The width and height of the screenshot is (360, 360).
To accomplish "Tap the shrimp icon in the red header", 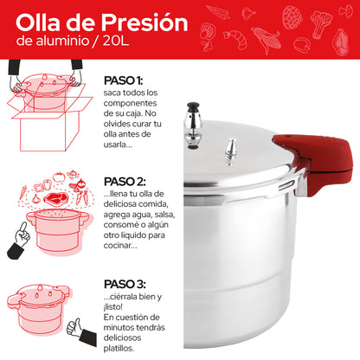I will [235, 36].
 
